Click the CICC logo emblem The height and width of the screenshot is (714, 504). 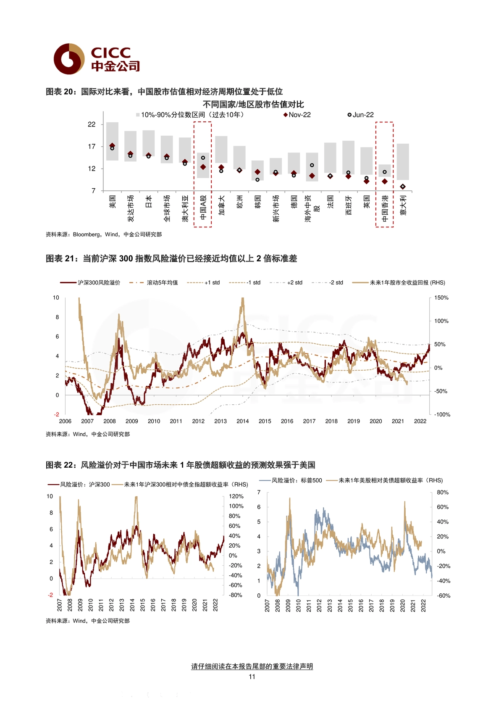tap(69, 59)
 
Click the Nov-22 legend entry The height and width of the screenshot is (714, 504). tap(297, 115)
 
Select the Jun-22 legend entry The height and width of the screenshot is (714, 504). tap(360, 115)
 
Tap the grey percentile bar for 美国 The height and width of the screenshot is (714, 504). tap(112, 141)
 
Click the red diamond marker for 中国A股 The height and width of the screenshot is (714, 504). tap(203, 167)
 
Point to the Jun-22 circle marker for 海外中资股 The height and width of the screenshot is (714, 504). tap(312, 165)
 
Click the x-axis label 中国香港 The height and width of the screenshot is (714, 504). tap(385, 208)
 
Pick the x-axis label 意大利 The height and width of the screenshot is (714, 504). tap(403, 205)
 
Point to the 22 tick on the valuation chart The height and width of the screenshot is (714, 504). tap(92, 124)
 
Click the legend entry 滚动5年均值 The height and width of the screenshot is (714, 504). tap(154, 282)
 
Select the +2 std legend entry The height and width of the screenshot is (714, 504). tap(286, 282)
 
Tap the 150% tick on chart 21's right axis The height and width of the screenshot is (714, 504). tap(441, 298)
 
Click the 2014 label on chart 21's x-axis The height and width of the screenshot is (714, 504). tap(242, 421)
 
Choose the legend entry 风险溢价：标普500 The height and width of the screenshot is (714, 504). tap(291, 480)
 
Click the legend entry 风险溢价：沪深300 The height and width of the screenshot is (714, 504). tap(79, 485)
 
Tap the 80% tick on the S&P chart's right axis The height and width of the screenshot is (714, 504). tap(443, 493)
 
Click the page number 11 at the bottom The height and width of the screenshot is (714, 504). tap(252, 677)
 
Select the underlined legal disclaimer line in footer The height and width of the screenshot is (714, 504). tap(252, 666)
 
